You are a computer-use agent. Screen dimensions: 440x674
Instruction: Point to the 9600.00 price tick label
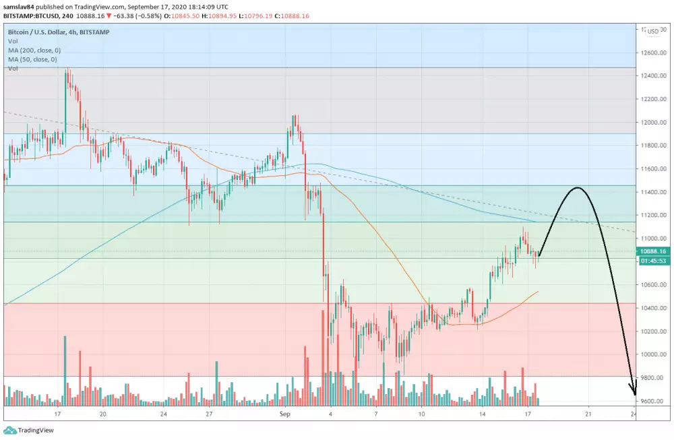[x=650, y=402]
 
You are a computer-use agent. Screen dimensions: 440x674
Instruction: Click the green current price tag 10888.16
[x=652, y=251]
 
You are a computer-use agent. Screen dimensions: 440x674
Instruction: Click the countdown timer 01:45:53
[x=652, y=260]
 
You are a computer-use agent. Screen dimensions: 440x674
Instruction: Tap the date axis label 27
[x=210, y=414]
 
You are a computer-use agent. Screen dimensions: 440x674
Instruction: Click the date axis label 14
[x=483, y=414]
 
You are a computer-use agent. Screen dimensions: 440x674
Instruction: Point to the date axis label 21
[x=588, y=414]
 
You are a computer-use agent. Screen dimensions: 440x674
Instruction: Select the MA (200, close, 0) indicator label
[x=34, y=50]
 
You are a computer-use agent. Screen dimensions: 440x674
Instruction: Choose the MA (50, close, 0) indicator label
[x=33, y=59]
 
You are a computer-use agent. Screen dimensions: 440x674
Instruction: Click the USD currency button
[x=652, y=31]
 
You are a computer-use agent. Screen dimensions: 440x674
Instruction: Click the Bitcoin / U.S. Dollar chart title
[x=41, y=32]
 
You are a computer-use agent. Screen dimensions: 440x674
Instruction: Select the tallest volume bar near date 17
[x=65, y=370]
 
